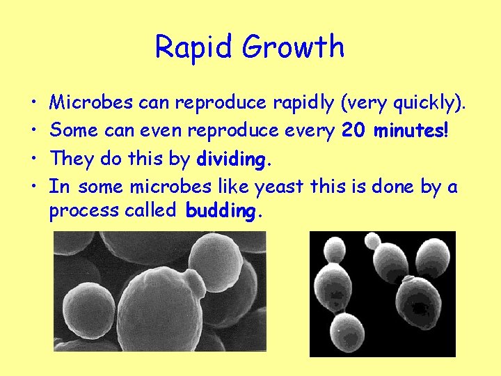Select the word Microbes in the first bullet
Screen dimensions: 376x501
click(x=92, y=103)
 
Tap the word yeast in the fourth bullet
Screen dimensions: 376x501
click(x=279, y=187)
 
